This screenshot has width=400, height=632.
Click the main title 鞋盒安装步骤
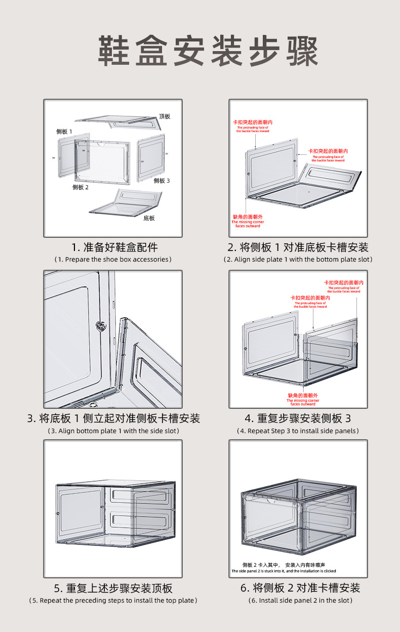tap(208, 51)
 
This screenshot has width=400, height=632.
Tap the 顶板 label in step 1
tap(165, 116)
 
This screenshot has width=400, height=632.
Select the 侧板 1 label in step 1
tap(64, 132)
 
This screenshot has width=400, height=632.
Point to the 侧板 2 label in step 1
tap(81, 187)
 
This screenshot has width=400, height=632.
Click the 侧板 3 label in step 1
tap(162, 181)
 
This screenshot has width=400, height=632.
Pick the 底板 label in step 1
tap(149, 218)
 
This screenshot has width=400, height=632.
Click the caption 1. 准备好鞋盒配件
tap(114, 247)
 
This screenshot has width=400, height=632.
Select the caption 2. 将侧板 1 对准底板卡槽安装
tap(298, 247)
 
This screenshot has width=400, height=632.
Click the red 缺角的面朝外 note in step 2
tap(248, 217)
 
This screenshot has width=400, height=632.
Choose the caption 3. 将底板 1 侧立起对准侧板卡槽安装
tap(113, 418)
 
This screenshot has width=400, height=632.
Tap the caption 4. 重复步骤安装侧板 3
tap(298, 418)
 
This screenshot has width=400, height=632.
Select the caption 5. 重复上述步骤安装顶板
tap(113, 588)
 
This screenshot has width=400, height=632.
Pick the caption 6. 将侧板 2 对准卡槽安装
tap(300, 588)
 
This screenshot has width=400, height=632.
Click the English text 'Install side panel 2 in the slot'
tap(300, 601)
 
